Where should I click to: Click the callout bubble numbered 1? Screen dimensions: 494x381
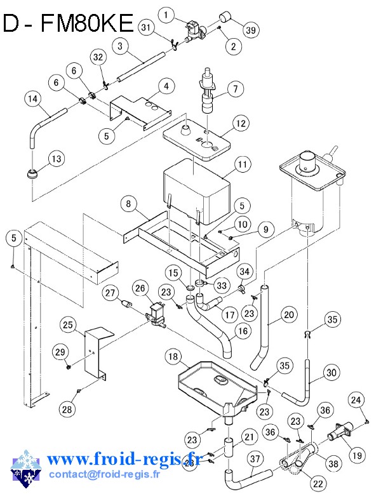(166, 14)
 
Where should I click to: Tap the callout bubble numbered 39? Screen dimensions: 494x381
(251, 30)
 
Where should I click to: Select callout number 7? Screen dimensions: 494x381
(234, 88)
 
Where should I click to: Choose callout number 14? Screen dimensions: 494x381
(33, 99)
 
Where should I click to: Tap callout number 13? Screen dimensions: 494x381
(57, 159)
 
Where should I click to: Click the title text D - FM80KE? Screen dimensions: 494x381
(68, 23)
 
